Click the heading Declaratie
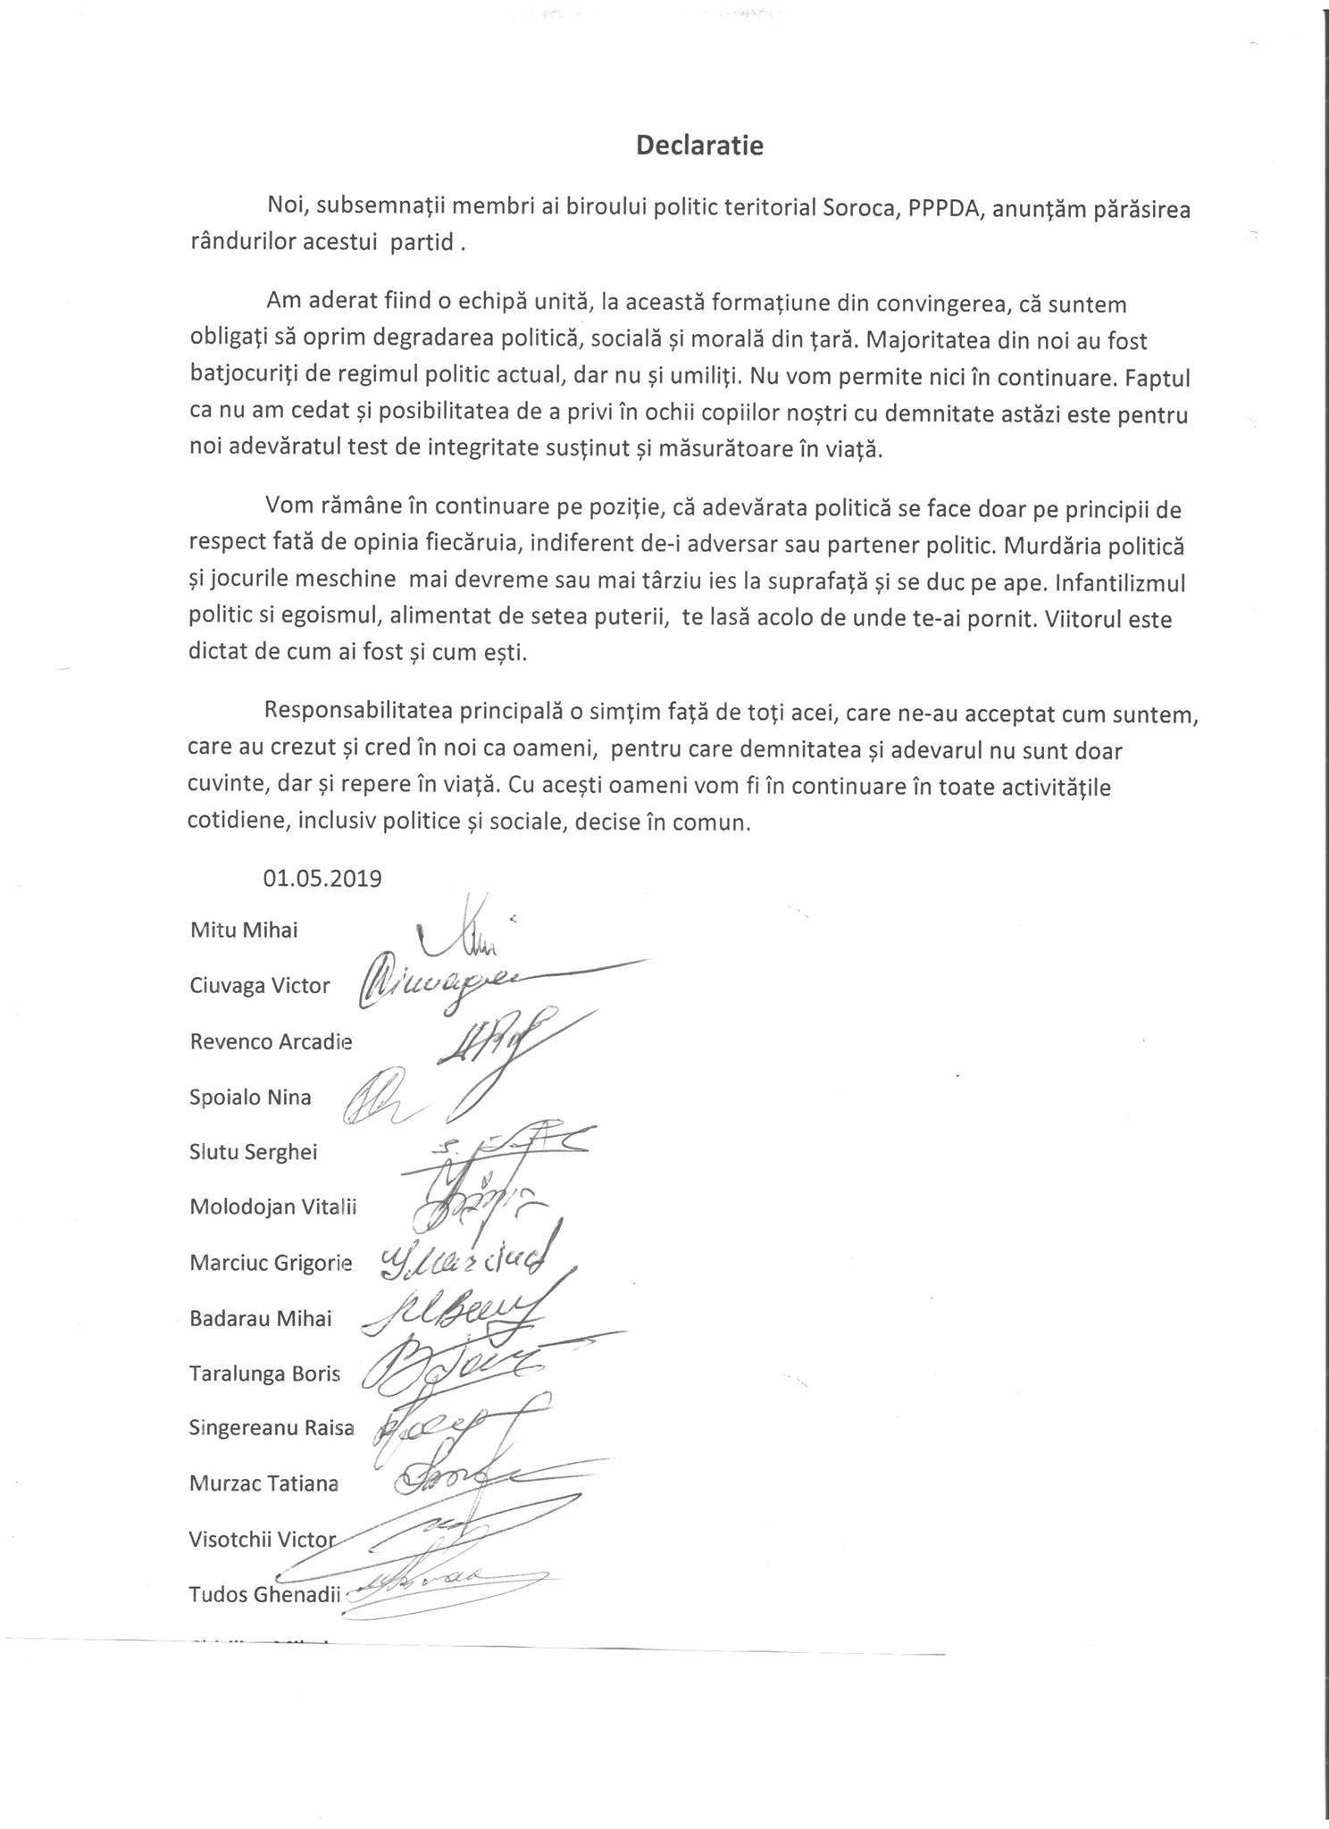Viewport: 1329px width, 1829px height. (x=699, y=146)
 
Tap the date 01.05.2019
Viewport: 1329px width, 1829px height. (x=322, y=878)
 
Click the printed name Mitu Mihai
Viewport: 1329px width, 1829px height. (x=244, y=930)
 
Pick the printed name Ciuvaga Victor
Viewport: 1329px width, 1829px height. (x=260, y=986)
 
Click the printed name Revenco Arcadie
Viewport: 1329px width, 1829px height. (x=271, y=1041)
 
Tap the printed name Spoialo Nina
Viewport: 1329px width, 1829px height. (x=250, y=1097)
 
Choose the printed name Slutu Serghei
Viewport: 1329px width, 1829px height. (x=254, y=1152)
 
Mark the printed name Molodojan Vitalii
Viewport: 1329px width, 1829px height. (x=273, y=1207)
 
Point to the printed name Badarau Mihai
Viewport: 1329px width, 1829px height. (x=260, y=1318)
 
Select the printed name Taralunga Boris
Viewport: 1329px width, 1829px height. (x=264, y=1374)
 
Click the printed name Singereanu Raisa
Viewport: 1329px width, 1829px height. (x=272, y=1428)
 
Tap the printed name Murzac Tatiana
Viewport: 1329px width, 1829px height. (x=263, y=1483)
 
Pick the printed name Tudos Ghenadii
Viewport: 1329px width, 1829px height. (x=265, y=1594)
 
